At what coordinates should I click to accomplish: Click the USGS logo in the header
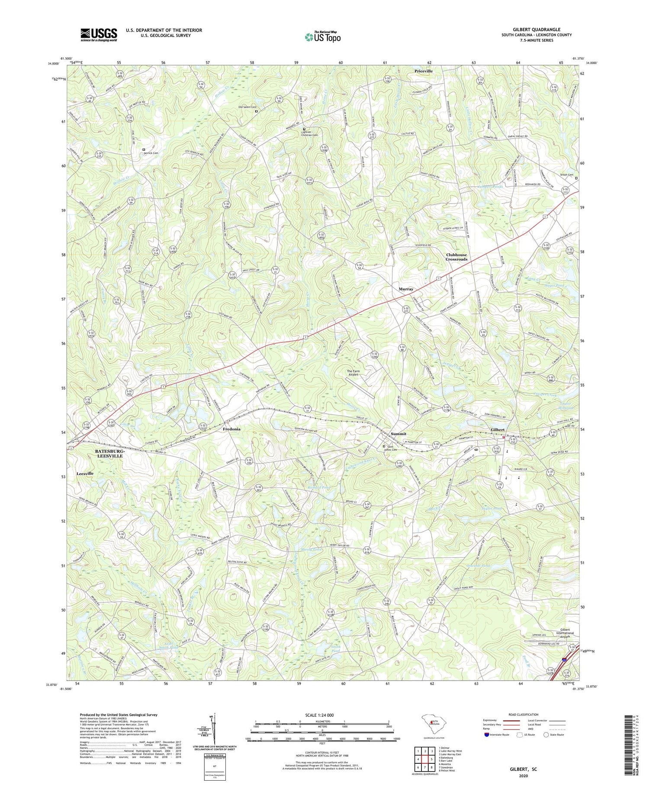click(x=99, y=35)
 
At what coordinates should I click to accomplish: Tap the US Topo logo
click(x=322, y=37)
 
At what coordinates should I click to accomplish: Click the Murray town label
click(x=406, y=289)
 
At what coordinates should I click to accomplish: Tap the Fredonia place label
click(x=231, y=429)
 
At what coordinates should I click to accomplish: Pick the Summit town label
click(x=398, y=433)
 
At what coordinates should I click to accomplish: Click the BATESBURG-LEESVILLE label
click(x=109, y=453)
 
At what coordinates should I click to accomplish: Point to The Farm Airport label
click(x=353, y=373)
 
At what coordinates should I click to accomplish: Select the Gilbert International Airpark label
click(x=562, y=633)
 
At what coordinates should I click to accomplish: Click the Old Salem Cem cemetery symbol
click(x=256, y=111)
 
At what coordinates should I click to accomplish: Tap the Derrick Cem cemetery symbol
click(x=144, y=149)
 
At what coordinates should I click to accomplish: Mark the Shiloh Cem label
click(x=566, y=175)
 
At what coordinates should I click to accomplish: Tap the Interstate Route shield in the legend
click(x=486, y=734)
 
